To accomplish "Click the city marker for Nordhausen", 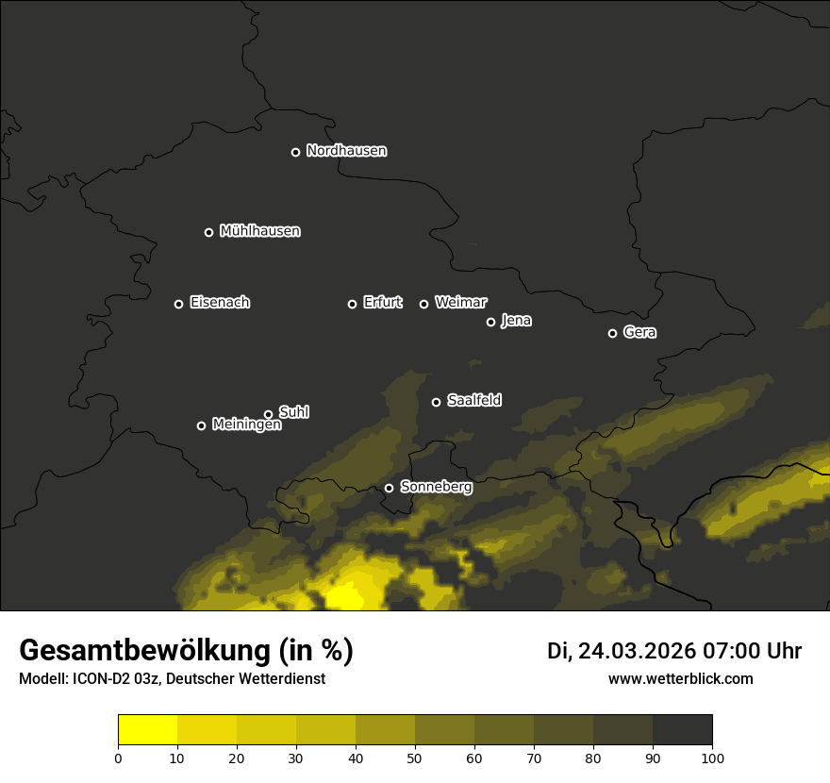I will pos(295,152).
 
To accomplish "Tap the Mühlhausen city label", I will pos(259,231).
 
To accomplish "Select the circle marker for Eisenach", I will pos(178,304).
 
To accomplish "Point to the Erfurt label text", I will pos(382,303).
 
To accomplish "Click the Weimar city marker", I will pos(423,304).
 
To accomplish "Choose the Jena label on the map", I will pos(516,321).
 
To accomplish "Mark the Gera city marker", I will pos(612,333).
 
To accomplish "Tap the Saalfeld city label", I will pos(473,401).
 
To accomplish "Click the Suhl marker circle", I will pos(268,414).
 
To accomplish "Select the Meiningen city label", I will pos(246,425).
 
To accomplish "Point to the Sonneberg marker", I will pos(389,488).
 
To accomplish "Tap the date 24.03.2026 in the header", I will pos(636,651).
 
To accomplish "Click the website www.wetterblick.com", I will pos(680,678).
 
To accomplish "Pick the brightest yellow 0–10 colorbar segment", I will pos(147,730).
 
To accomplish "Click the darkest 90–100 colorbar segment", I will pos(682,730).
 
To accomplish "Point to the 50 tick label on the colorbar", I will pos(415,758).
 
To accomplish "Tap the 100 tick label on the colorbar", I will pos(712,758).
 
